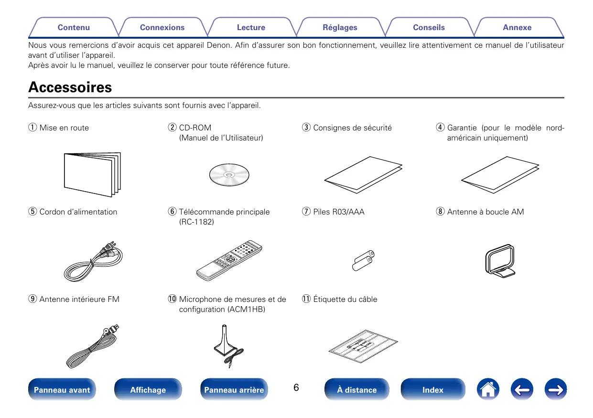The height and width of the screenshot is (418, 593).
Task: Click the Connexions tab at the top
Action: tap(162, 28)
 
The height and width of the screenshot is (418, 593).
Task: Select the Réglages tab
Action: tap(340, 28)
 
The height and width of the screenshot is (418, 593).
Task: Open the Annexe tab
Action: tap(517, 28)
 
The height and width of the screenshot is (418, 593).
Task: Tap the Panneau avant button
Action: tap(62, 390)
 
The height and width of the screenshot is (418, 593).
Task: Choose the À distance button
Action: tap(356, 390)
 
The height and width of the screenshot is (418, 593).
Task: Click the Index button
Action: tap(432, 390)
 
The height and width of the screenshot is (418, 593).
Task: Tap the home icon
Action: tap(487, 389)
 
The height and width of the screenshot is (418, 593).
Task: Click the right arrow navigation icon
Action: tap(555, 389)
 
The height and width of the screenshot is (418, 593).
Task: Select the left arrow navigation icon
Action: tap(521, 389)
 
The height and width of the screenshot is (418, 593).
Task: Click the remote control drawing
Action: tap(229, 261)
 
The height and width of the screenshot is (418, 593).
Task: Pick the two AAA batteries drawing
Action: tap(364, 261)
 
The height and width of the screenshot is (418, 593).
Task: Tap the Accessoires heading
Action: tap(70, 87)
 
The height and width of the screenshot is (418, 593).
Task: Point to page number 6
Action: tap(296, 387)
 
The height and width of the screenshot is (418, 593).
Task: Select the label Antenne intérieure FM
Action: tap(79, 300)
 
